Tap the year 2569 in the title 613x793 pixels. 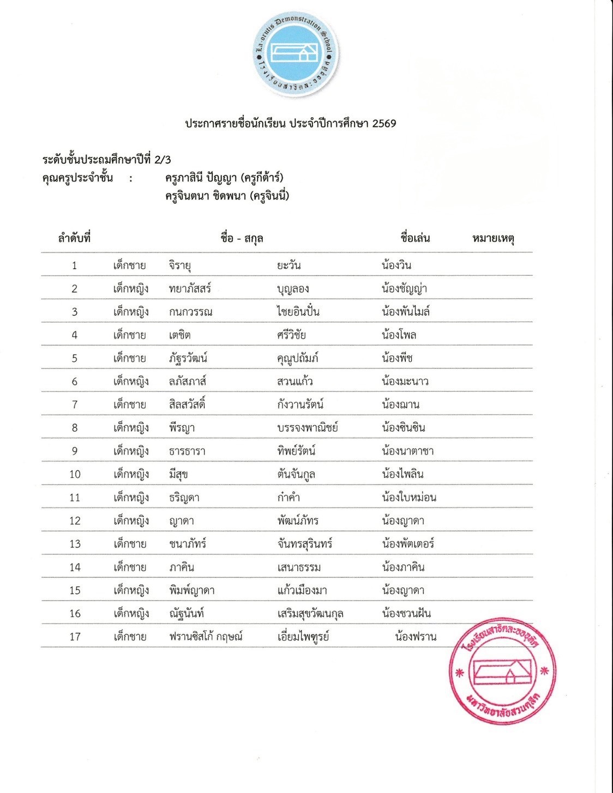click(x=384, y=123)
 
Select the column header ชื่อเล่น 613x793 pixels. click(x=415, y=238)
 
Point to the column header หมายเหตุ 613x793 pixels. click(x=494, y=238)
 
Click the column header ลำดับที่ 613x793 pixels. click(x=74, y=238)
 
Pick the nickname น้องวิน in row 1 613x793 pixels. click(x=396, y=265)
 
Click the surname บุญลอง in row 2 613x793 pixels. click(x=293, y=289)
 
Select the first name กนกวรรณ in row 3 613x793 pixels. click(x=190, y=312)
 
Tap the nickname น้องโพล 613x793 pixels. click(x=399, y=335)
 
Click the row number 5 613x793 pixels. click(x=75, y=358)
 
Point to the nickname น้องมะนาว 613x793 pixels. click(x=405, y=382)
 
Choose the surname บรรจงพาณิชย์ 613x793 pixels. click(x=308, y=428)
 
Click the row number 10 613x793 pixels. click(x=75, y=474)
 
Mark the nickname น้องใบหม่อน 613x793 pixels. click(x=409, y=497)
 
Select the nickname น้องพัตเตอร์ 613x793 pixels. click(x=408, y=543)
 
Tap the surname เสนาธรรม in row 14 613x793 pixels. click(x=299, y=567)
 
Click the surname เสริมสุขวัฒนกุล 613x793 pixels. click(x=310, y=614)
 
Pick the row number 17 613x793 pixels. click(x=75, y=637)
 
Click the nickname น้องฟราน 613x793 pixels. click(x=416, y=637)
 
